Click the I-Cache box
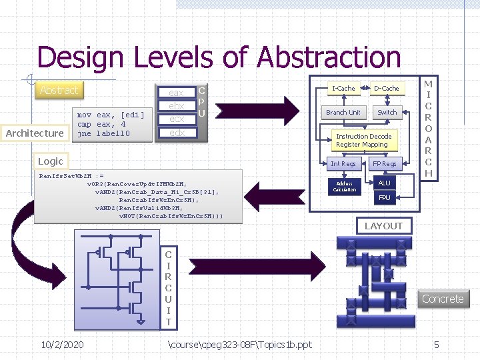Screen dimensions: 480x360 pos(343,88)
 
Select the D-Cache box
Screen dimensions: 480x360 pos(386,88)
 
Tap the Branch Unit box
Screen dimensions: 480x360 pos(343,112)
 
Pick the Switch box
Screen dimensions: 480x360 pos(387,112)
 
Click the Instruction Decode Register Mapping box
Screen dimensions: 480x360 pos(363,140)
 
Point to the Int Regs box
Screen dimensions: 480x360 pos(343,163)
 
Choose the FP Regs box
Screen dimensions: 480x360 pos(385,163)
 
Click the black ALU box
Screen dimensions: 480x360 pos(385,183)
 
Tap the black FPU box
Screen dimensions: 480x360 pos(385,197)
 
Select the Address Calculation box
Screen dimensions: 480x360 pos(345,187)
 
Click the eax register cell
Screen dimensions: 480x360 pos(177,93)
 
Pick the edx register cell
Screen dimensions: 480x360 pos(177,133)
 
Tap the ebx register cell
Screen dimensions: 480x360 pos(177,106)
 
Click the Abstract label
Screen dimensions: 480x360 pos(59,90)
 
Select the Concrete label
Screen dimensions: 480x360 pos(443,299)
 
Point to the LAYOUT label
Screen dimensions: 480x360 pos(383,226)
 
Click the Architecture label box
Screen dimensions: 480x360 pos(35,133)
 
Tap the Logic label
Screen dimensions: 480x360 pos(51,161)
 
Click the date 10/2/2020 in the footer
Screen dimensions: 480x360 pos(62,344)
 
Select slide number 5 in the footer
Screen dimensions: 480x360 pos(437,344)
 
